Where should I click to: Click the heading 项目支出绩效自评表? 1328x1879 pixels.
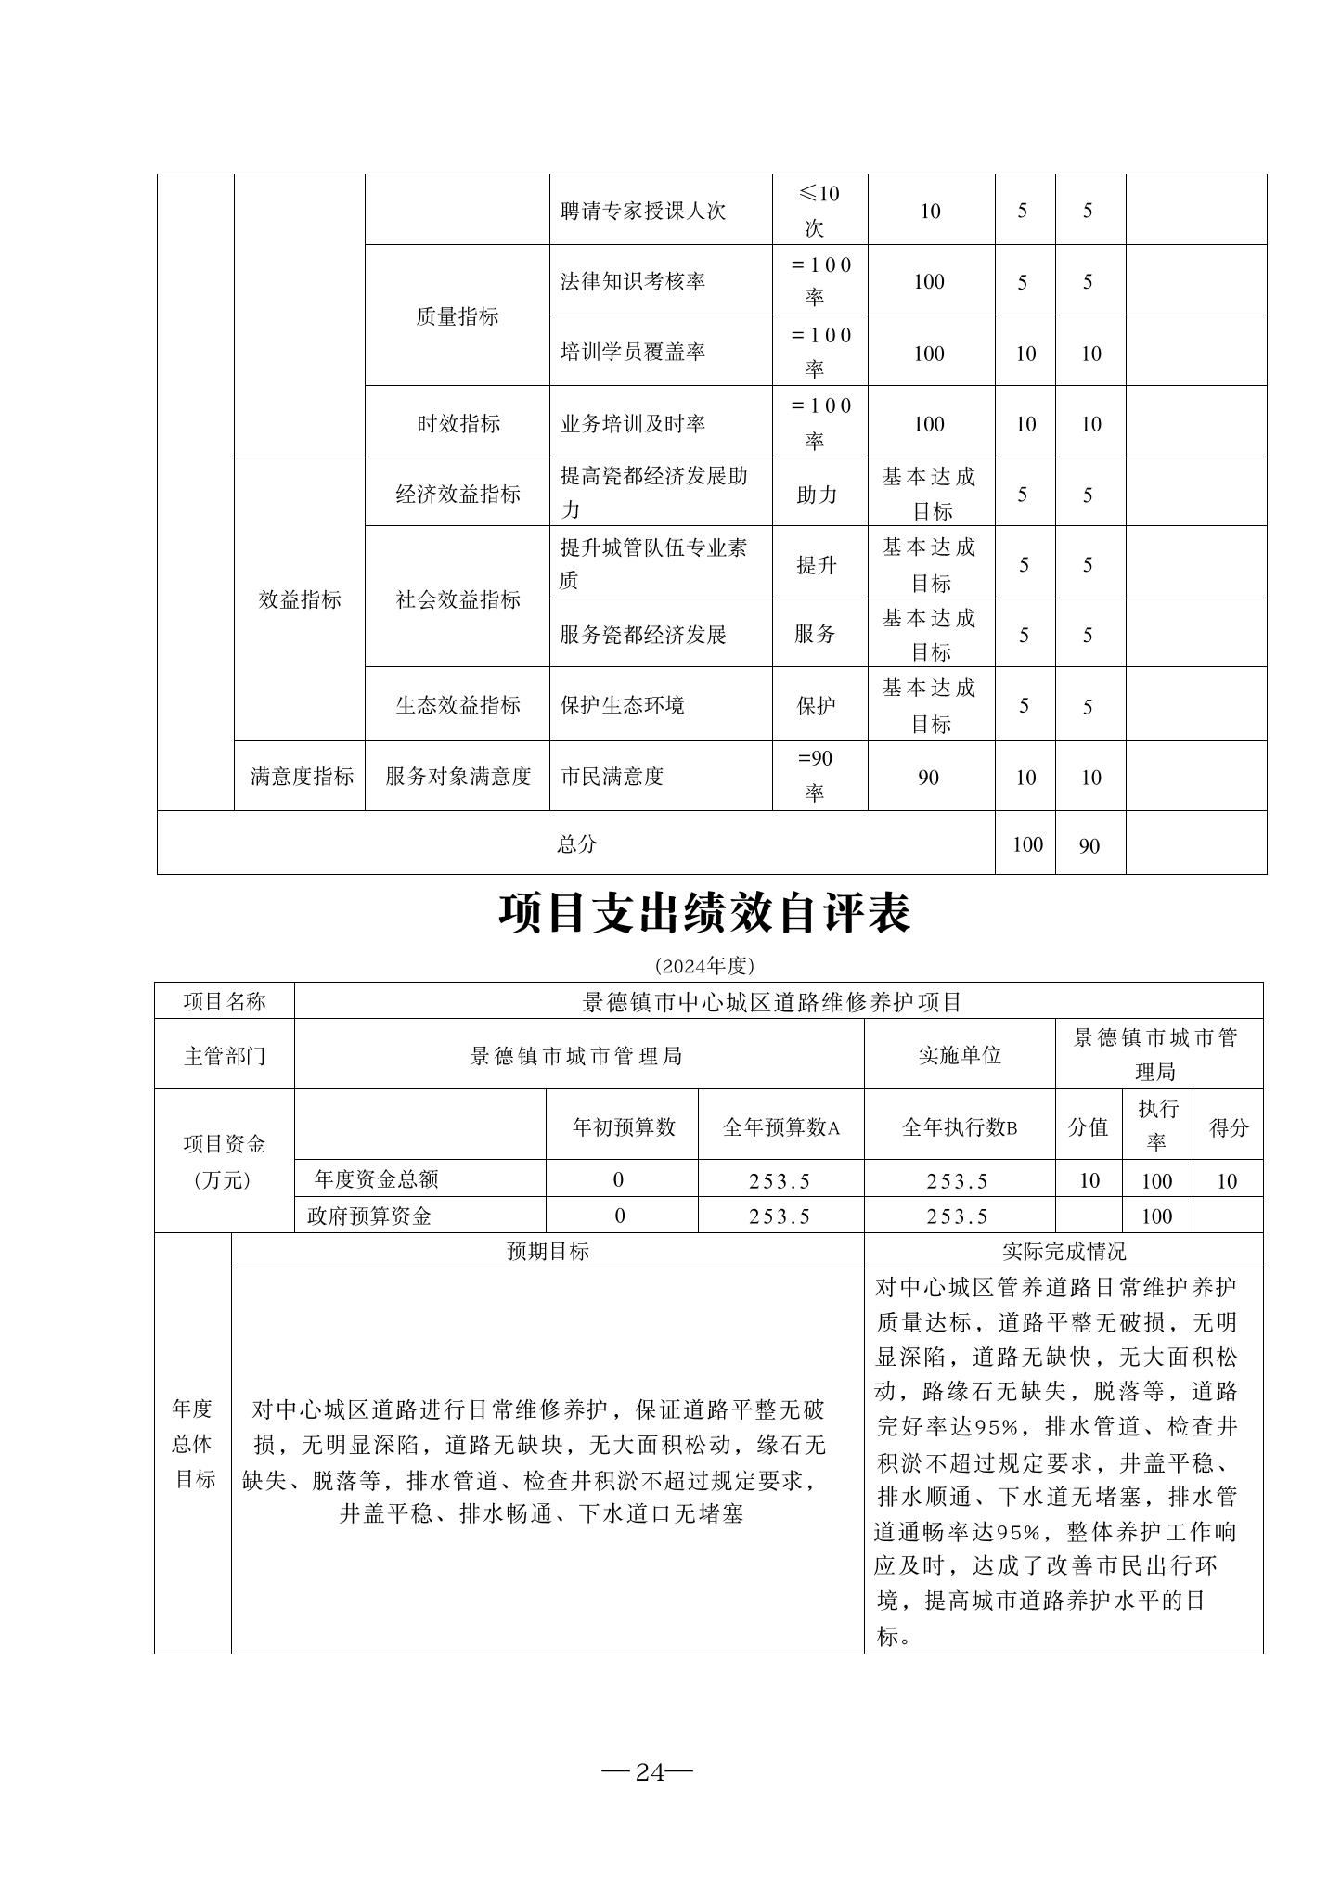pos(704,914)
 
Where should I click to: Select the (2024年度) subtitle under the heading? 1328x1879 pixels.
pos(704,966)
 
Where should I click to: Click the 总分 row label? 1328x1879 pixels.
pos(576,843)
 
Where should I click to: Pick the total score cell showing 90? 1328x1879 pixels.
pos(1089,845)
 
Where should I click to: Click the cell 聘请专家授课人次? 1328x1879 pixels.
pos(642,211)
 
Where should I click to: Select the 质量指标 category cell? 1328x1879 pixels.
pos(457,316)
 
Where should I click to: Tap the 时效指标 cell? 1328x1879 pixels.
pos(457,424)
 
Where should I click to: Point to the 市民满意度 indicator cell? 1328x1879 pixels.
pos(612,777)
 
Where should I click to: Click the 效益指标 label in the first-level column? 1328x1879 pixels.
pos(299,599)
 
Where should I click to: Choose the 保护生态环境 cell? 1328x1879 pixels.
pos(622,705)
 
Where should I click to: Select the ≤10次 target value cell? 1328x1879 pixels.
pos(819,211)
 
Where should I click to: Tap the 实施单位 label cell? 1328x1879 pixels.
pos(959,1055)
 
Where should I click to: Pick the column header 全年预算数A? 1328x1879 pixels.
pos(780,1127)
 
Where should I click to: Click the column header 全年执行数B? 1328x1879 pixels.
pos(959,1127)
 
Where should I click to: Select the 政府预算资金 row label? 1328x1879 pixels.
pos(369,1216)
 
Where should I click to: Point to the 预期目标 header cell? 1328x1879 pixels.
pos(548,1251)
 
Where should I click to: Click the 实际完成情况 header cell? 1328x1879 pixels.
pos(1063,1251)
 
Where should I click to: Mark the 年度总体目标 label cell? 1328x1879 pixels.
pos(193,1444)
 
